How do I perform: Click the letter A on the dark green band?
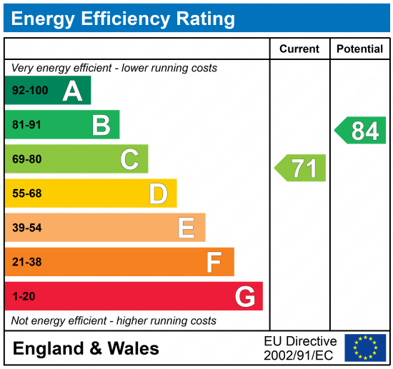tap(72, 91)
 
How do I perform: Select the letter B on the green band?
tap(101, 125)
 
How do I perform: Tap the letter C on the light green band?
tap(129, 159)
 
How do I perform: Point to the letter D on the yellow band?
tap(158, 193)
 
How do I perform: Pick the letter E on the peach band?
tap(186, 228)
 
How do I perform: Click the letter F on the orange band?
tap(214, 262)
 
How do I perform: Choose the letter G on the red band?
tap(244, 296)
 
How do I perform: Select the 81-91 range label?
tap(27, 125)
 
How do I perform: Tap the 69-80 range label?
tap(27, 159)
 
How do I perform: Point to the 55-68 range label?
tap(27, 193)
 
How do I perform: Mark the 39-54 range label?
tap(27, 228)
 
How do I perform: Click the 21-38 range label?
tap(27, 262)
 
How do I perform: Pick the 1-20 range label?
tap(24, 296)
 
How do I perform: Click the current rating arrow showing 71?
tap(301, 168)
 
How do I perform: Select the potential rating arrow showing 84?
tap(361, 131)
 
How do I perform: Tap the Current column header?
tap(299, 49)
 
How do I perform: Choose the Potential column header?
tap(359, 49)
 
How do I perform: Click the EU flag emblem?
tap(365, 348)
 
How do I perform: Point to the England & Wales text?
tap(86, 348)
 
